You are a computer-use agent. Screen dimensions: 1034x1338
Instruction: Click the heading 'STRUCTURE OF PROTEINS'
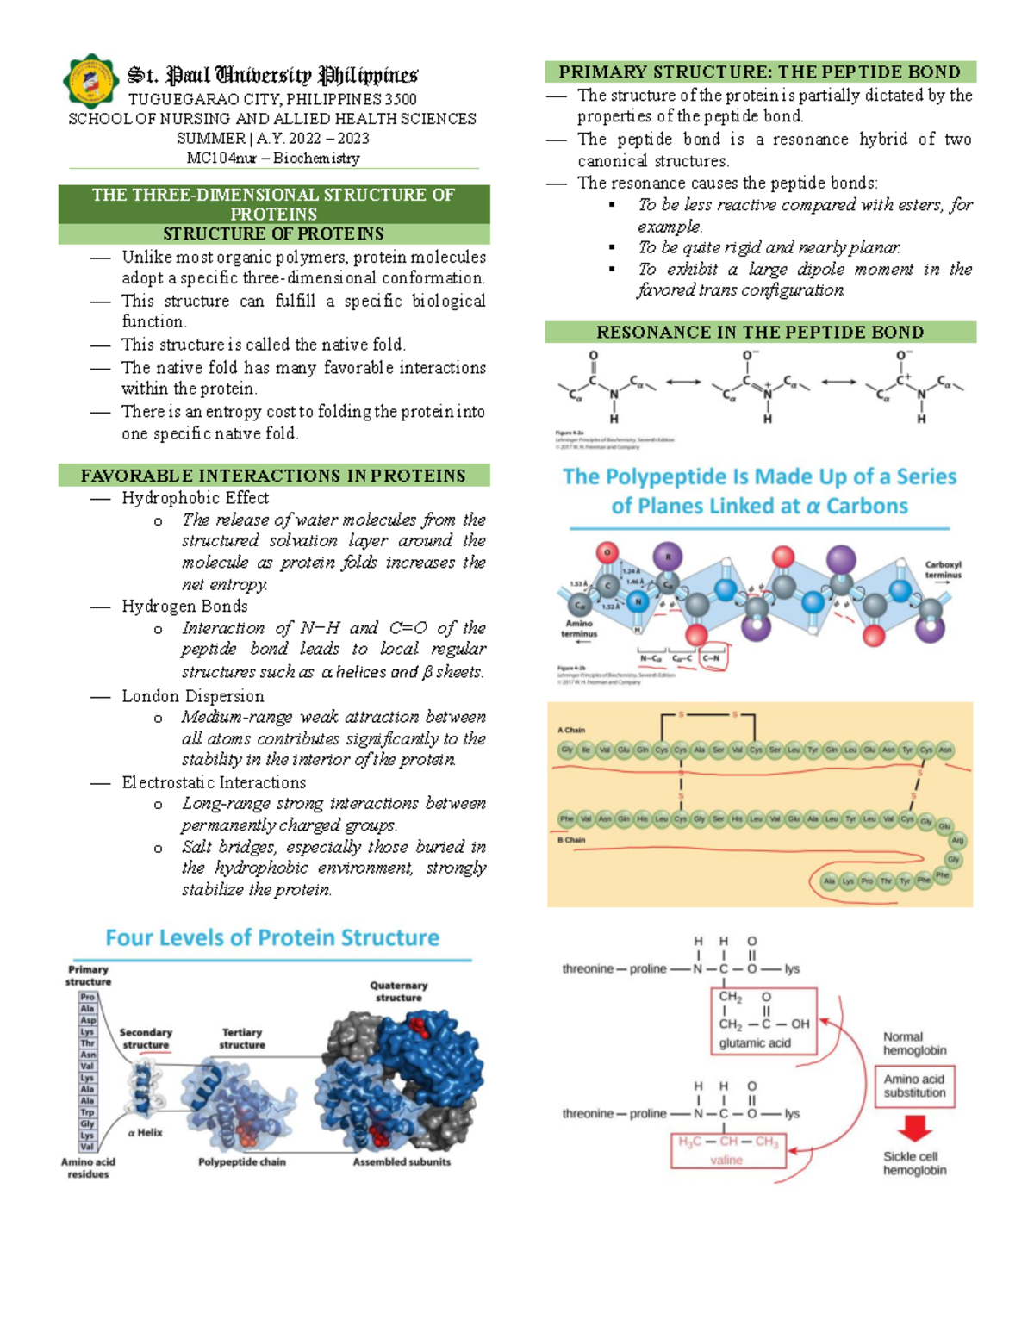tap(273, 233)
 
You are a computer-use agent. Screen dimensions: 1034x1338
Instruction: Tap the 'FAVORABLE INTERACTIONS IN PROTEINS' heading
tap(273, 476)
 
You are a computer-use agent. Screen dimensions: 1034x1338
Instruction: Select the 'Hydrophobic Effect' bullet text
tap(195, 498)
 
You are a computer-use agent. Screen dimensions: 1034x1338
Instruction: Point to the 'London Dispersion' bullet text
tap(192, 696)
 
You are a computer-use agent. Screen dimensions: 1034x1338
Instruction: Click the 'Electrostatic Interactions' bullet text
tap(214, 782)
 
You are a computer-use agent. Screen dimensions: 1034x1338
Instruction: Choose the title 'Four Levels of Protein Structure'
tap(272, 937)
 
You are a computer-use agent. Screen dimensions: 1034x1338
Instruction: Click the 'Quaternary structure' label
tap(398, 992)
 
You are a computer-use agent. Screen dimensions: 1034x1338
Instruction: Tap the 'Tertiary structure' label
tap(242, 1038)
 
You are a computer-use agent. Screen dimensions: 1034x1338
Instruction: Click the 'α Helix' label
tap(145, 1132)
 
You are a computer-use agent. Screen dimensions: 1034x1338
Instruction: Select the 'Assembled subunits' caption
tap(402, 1161)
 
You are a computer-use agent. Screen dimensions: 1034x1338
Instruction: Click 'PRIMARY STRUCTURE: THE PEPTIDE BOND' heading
tap(760, 72)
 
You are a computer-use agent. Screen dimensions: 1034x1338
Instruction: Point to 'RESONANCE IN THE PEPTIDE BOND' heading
tap(760, 332)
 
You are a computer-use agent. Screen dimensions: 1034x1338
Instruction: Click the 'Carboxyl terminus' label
tap(943, 570)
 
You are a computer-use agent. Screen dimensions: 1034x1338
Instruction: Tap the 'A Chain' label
tap(573, 730)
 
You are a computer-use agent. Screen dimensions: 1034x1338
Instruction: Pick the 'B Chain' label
tap(571, 840)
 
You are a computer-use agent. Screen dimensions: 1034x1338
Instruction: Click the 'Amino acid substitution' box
tap(914, 1086)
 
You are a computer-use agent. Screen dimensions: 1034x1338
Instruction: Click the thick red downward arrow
tap(914, 1128)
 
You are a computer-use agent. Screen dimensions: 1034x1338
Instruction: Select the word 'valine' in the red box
tap(726, 1160)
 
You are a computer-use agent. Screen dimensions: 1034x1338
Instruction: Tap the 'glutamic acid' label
tap(755, 1042)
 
